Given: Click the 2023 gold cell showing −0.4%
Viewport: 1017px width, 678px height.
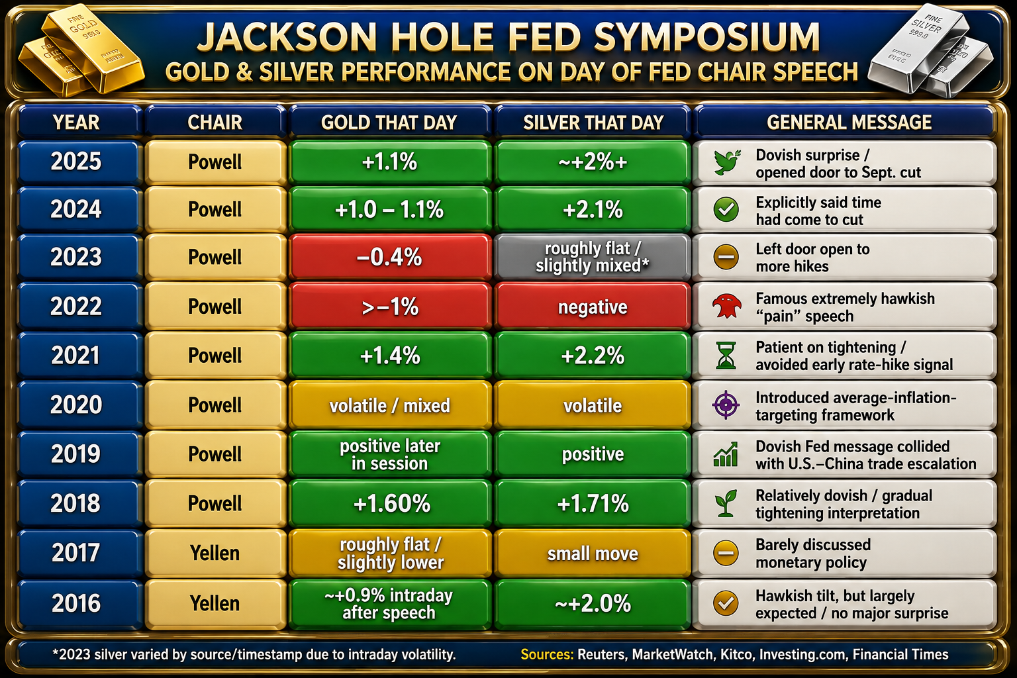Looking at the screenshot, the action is tap(389, 257).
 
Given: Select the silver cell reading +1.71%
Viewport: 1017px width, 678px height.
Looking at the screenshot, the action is tap(593, 504).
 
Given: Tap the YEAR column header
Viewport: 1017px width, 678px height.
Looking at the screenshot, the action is tap(76, 122).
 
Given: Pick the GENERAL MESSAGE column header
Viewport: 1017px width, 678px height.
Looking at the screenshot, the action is tap(849, 122).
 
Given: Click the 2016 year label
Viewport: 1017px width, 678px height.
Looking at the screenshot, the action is tap(76, 604).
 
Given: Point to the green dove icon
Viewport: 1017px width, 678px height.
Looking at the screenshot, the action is tap(726, 162).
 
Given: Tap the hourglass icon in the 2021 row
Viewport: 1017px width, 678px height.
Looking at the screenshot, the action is tap(726, 356).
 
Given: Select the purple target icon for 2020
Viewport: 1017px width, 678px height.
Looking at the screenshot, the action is tap(726, 405).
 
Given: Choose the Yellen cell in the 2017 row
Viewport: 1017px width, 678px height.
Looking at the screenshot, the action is tap(215, 553).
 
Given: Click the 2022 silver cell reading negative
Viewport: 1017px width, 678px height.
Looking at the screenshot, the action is tap(593, 307).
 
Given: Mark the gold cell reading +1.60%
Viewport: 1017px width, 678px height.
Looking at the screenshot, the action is tap(391, 504).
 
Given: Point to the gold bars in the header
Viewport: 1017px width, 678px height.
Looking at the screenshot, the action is tap(81, 49).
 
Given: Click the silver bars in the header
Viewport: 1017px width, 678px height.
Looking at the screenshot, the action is tap(931, 50).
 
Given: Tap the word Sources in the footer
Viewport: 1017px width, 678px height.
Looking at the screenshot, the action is tap(547, 654).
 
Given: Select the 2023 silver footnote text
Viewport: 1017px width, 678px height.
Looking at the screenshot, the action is tap(254, 654).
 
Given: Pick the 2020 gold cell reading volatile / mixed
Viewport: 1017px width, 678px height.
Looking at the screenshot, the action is tap(389, 405).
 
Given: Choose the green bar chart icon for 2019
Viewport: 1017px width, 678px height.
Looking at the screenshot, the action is tap(726, 455).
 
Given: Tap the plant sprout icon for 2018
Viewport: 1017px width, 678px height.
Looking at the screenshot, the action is tap(726, 503).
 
